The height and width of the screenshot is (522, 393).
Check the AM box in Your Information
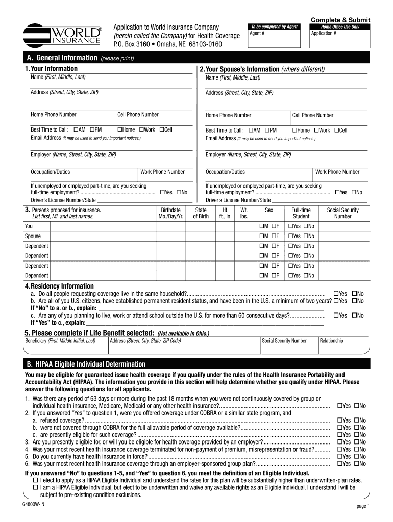tap(76, 130)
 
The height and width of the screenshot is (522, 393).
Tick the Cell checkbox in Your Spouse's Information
tap(336, 130)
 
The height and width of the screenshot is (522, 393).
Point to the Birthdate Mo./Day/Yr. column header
tap(170, 213)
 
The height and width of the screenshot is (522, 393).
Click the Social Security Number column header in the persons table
tap(342, 213)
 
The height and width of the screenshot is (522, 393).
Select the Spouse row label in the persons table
tap(33, 236)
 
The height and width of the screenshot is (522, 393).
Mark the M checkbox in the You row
tap(261, 226)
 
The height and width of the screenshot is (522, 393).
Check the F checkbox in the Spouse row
tap(273, 236)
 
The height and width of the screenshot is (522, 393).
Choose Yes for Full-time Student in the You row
tap(290, 226)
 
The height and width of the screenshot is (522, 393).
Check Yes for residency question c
tap(336, 316)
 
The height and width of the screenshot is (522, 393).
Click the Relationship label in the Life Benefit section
tap(331, 341)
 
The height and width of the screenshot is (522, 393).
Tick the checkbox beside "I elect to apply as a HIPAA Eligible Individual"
tap(35, 480)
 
